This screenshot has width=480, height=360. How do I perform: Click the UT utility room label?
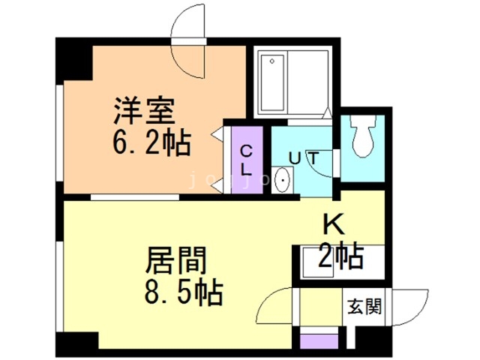(x=305, y=158)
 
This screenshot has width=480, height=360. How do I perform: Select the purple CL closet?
(x=246, y=160)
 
